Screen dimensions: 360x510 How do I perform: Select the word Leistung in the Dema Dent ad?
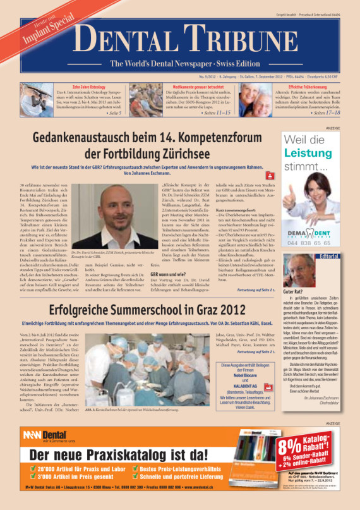point(307,153)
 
